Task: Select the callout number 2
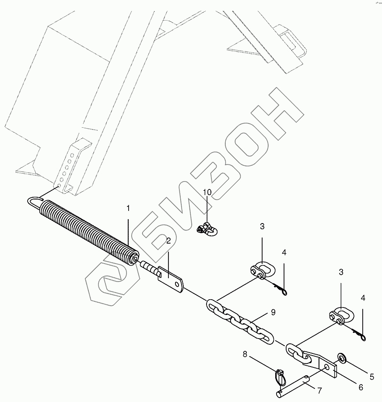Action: click(x=168, y=241)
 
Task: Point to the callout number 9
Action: click(x=273, y=312)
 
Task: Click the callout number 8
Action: click(x=245, y=354)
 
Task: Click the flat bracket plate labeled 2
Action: click(x=172, y=280)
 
